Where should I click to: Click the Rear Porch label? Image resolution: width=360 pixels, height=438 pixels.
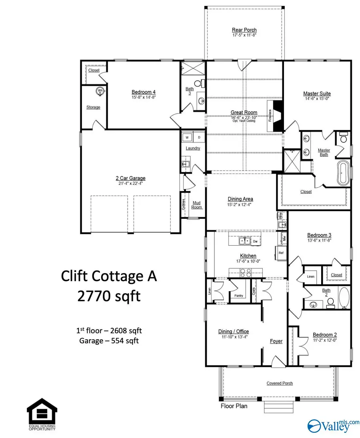pyautogui.click(x=244, y=30)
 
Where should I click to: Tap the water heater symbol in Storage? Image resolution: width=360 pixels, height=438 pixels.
pyautogui.click(x=100, y=91)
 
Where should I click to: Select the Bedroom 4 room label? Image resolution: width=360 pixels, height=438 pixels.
pyautogui.click(x=143, y=91)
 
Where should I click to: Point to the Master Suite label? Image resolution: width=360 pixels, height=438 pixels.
pyautogui.click(x=317, y=94)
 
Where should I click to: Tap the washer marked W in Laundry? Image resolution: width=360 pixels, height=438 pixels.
pyautogui.click(x=187, y=137)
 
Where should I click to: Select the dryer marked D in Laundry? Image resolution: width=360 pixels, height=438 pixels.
pyautogui.click(x=199, y=137)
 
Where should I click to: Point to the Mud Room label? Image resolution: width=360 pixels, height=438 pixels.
pyautogui.click(x=197, y=205)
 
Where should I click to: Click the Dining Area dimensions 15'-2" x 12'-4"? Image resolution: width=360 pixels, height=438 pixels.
pyautogui.click(x=240, y=205)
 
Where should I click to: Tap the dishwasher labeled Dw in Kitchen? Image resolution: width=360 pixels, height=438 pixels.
pyautogui.click(x=255, y=241)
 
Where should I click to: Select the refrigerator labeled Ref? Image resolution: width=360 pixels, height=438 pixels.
pyautogui.click(x=281, y=253)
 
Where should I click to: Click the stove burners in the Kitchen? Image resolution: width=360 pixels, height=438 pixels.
pyautogui.click(x=245, y=272)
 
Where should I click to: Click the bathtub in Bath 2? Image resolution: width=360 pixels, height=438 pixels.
pyautogui.click(x=343, y=300)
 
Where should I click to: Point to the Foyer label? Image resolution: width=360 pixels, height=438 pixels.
pyautogui.click(x=276, y=341)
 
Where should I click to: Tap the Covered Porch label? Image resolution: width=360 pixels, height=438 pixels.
pyautogui.click(x=280, y=383)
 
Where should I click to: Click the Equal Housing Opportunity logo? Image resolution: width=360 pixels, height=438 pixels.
pyautogui.click(x=42, y=416)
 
